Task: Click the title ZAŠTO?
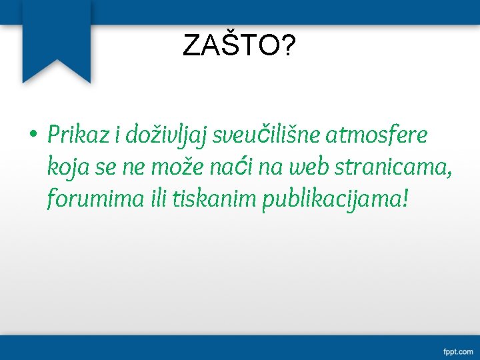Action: pos(239,46)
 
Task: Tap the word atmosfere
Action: pos(377,135)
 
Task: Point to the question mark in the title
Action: pos(288,46)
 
